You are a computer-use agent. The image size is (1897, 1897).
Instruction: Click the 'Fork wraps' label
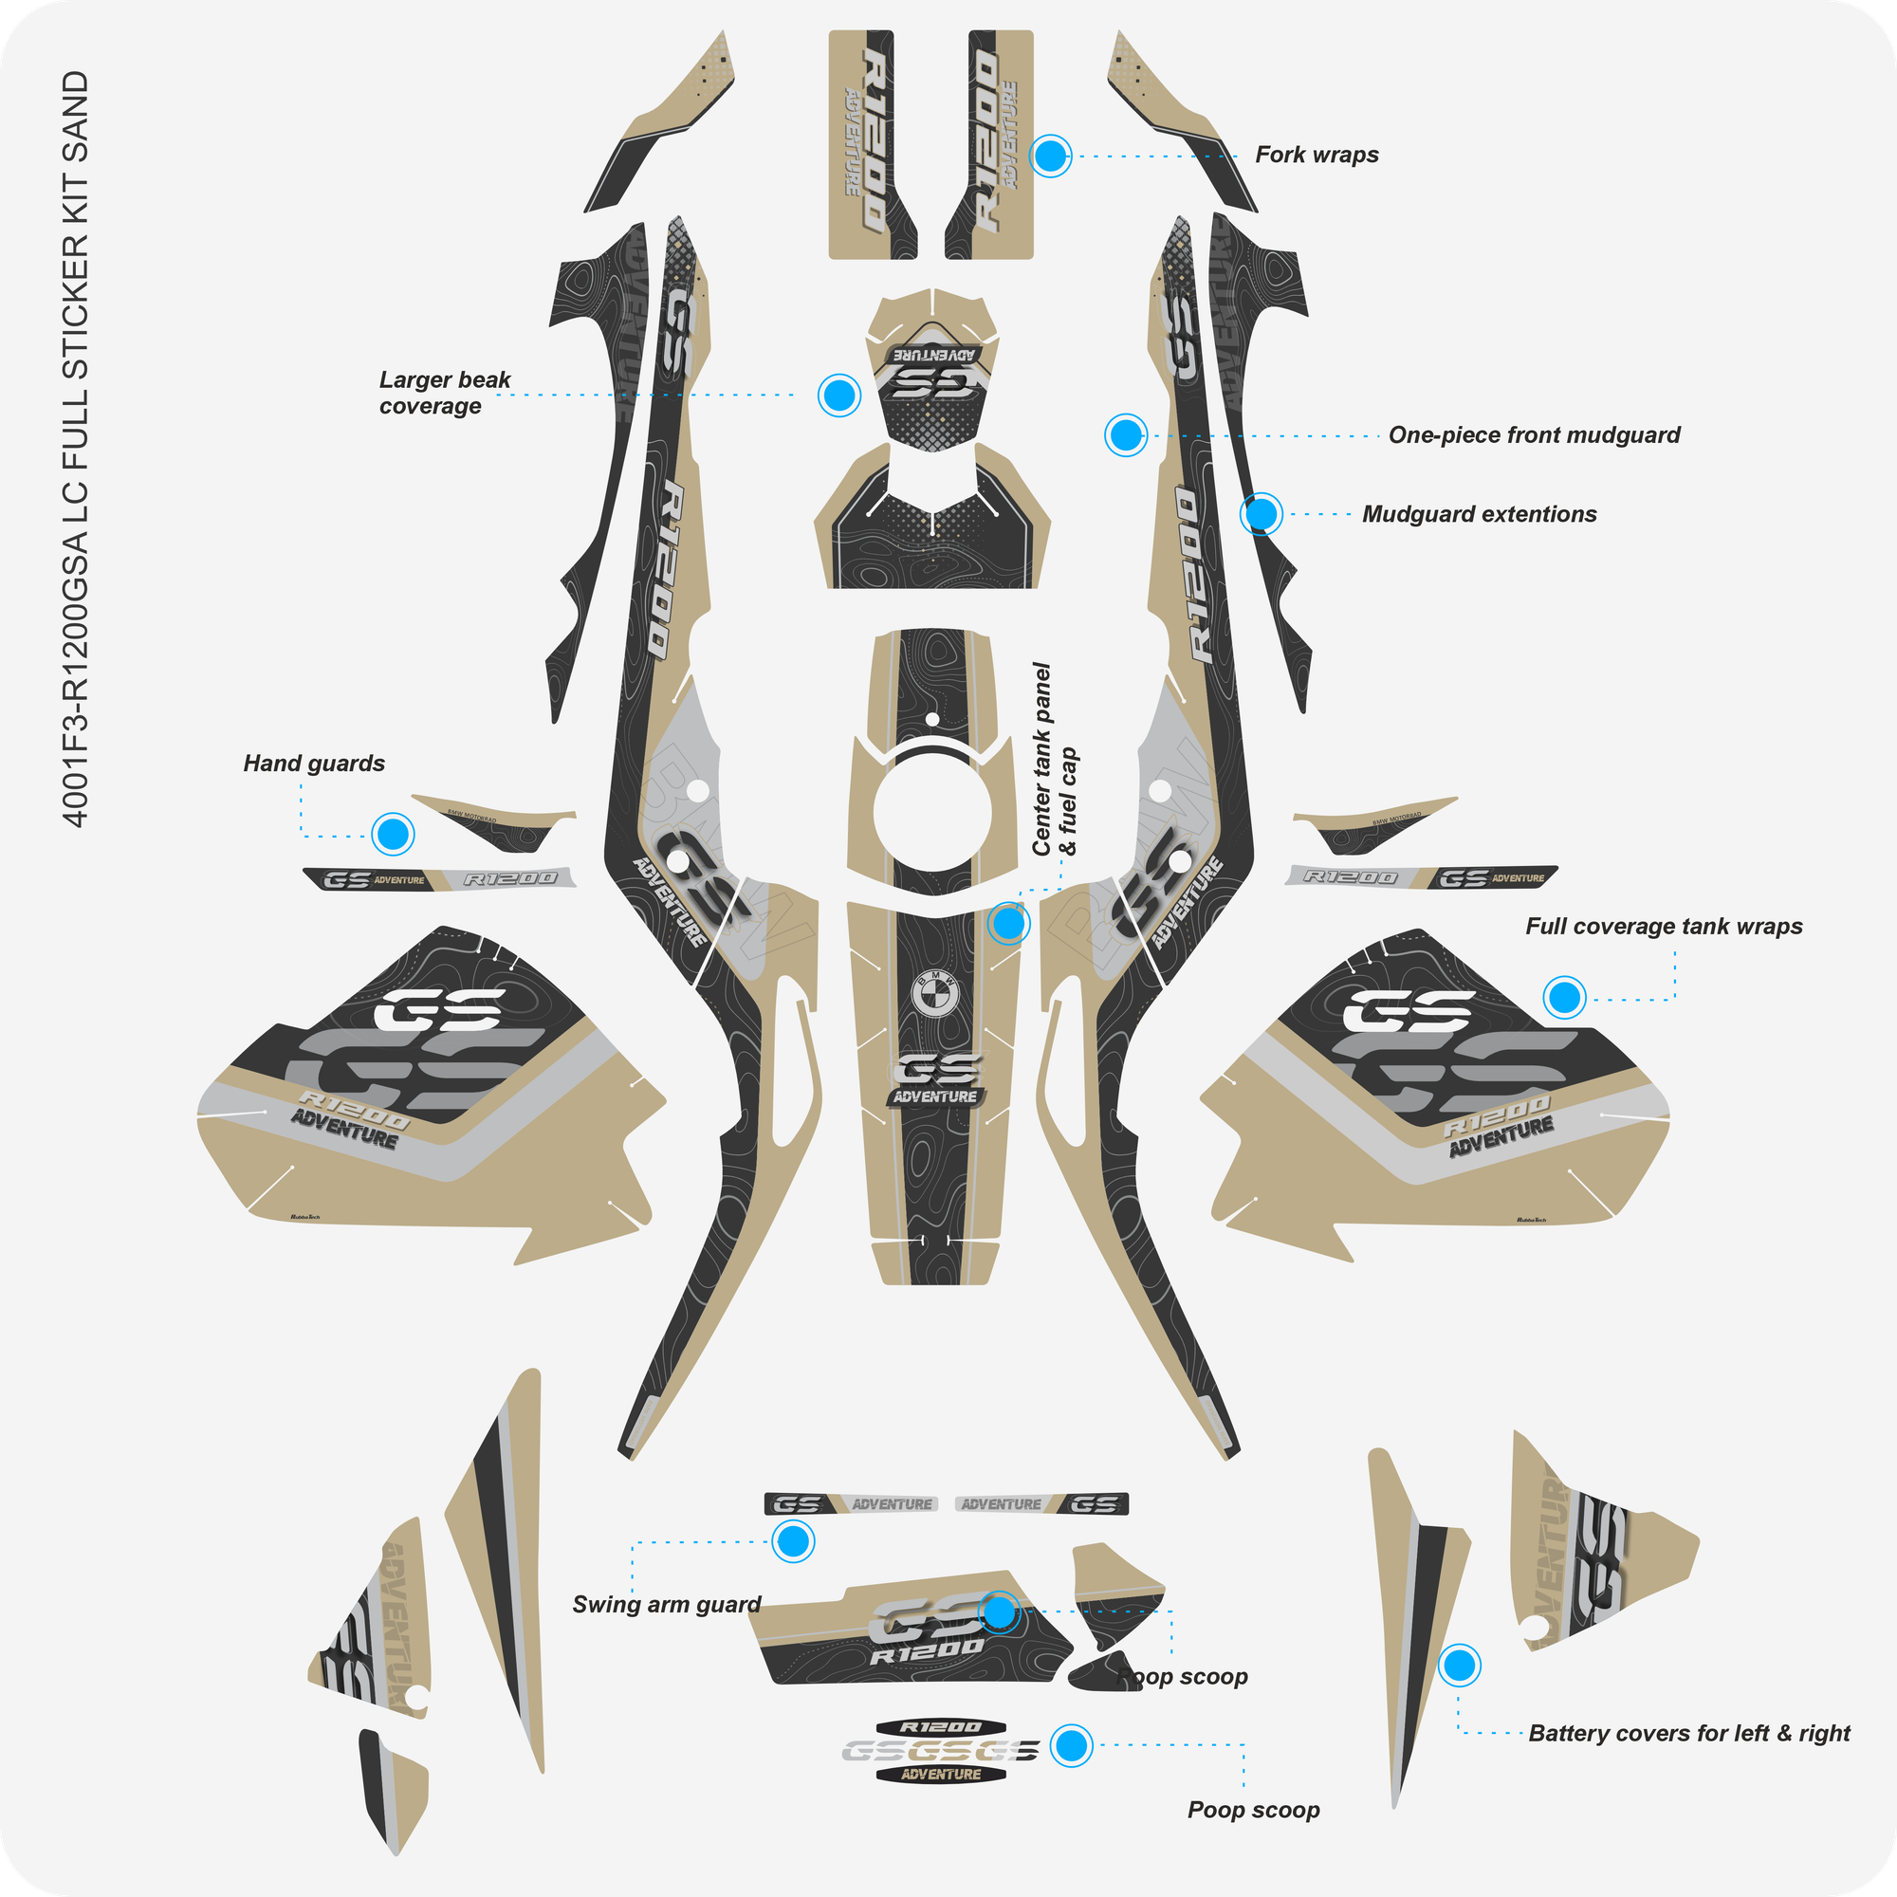click(x=1316, y=156)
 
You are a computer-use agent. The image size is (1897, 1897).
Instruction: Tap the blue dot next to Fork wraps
click(x=1051, y=156)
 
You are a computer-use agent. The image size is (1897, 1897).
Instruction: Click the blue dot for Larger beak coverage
click(x=839, y=395)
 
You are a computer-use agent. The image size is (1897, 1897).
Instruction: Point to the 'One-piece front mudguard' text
click(x=1534, y=435)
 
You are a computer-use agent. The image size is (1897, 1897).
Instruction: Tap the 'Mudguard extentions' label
click(x=1479, y=514)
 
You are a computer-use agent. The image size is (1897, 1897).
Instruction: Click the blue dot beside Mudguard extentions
click(x=1262, y=513)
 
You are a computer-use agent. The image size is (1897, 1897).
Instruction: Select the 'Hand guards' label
click(x=313, y=764)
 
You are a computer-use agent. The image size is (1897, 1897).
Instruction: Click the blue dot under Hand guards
click(x=393, y=835)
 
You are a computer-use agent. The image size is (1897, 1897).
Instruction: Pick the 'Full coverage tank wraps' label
click(x=1664, y=927)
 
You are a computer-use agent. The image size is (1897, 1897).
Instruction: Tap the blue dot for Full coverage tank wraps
click(x=1564, y=998)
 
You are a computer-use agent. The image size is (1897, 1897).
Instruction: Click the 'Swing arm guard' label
click(x=666, y=1605)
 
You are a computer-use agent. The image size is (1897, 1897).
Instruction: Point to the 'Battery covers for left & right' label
click(x=1689, y=1734)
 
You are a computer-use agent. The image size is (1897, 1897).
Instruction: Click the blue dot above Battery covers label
click(x=1460, y=1666)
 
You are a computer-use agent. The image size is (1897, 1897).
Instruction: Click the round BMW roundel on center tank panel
click(x=933, y=994)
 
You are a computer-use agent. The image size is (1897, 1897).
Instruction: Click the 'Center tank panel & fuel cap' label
click(x=1054, y=760)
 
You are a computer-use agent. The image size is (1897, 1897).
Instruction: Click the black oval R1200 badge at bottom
click(x=942, y=1727)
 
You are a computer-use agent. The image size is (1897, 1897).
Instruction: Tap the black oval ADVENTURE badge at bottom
click(x=942, y=1775)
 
